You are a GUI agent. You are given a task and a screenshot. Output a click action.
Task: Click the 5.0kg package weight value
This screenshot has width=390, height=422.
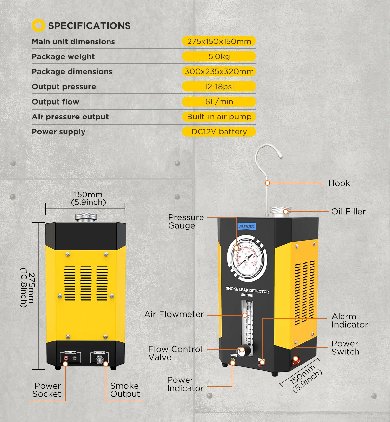click(x=219, y=56)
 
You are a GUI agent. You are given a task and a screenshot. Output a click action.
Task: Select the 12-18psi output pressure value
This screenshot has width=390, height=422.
click(x=219, y=87)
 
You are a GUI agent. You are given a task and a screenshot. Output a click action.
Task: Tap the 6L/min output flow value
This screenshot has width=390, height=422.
click(x=219, y=102)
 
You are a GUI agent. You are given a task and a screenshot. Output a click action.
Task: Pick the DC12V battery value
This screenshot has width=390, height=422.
click(x=219, y=132)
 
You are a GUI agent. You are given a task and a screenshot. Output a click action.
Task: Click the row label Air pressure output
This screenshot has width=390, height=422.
click(x=70, y=117)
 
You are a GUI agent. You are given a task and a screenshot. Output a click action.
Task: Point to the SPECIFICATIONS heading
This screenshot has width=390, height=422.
click(x=89, y=26)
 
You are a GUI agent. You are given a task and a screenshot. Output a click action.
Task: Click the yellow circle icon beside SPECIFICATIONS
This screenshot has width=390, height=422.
click(x=38, y=25)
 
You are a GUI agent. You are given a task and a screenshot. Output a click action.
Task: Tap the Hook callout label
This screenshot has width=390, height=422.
click(x=339, y=183)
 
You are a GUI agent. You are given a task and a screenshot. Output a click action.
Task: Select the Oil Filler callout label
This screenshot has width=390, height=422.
click(x=348, y=212)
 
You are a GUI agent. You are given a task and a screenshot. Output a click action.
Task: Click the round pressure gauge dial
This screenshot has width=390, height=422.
click(x=247, y=258)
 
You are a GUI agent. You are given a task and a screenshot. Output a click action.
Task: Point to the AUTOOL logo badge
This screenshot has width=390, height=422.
click(x=247, y=226)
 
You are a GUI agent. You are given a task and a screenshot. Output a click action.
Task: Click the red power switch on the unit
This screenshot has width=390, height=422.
click(x=296, y=361)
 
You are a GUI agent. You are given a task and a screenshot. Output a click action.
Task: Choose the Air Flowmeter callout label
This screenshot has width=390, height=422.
click(x=174, y=314)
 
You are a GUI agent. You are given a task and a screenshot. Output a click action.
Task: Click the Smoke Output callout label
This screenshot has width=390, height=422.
click(x=125, y=390)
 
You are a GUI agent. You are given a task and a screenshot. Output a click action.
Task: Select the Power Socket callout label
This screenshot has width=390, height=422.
click(x=47, y=390)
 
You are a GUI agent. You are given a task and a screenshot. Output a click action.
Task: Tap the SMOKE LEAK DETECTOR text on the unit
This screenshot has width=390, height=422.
click(x=247, y=290)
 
